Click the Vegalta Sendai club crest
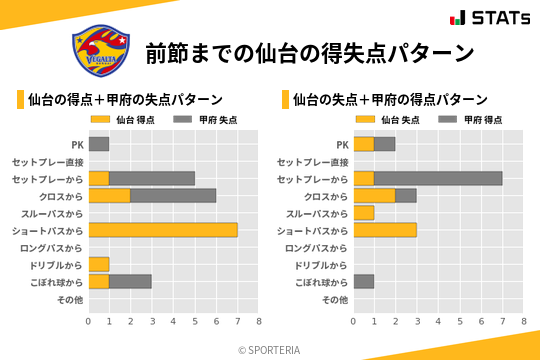point(101,49)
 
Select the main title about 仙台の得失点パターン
point(308,51)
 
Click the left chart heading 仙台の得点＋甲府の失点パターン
point(125,100)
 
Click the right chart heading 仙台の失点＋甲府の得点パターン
point(390,100)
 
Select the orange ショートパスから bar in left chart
point(163,230)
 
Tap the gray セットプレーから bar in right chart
point(438,178)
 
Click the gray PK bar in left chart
point(99,144)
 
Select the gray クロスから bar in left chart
point(173,196)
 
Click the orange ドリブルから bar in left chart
point(99,264)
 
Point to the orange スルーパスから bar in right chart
point(364,213)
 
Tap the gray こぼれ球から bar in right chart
point(364,281)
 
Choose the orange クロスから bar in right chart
point(375,196)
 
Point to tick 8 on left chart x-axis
point(258,322)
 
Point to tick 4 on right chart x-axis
point(438,322)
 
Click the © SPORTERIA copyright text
point(269,350)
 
